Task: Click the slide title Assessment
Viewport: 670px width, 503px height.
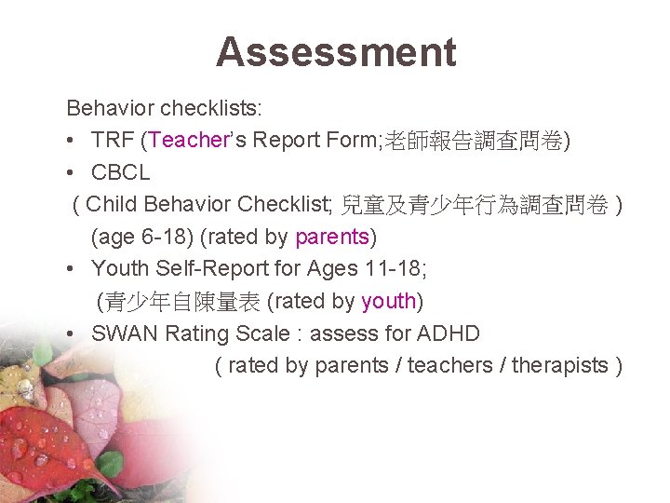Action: point(336,52)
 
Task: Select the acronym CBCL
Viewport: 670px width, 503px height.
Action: point(121,172)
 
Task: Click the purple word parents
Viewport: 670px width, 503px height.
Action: point(332,237)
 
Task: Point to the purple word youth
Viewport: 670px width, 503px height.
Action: point(388,301)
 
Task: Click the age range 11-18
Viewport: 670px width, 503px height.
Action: point(442,269)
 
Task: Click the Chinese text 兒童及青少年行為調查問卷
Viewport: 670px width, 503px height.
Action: point(475,205)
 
